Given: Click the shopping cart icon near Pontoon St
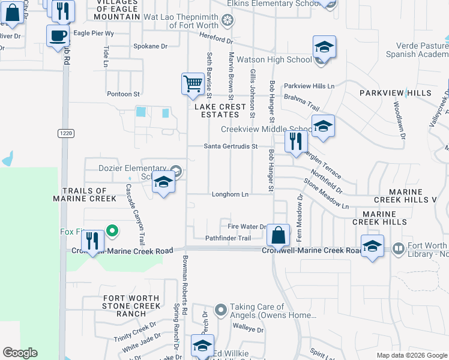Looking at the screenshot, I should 192,84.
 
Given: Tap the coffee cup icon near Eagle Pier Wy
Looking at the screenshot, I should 58,35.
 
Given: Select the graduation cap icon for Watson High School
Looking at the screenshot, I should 324,47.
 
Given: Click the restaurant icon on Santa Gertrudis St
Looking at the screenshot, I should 296,142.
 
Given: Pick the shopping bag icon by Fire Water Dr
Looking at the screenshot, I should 279,234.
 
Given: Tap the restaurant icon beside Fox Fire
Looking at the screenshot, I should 92,241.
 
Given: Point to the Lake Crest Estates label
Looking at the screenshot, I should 220,110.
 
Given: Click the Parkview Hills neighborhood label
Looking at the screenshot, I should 395,93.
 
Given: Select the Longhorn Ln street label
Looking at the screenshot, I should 230,194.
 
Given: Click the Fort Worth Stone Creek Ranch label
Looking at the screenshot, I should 131,306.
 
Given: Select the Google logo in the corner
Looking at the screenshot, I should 20,353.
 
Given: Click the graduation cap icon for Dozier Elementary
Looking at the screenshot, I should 163,182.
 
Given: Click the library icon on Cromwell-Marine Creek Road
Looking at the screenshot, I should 397,248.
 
